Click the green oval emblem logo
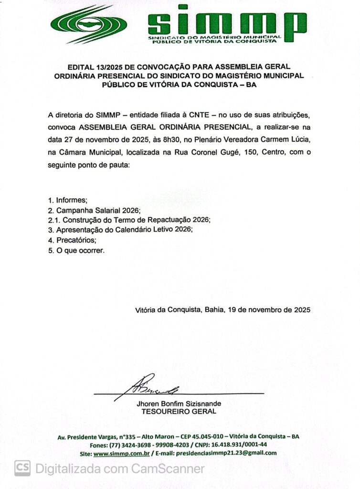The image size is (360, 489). [x=89, y=24]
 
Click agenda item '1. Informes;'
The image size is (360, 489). [x=68, y=201]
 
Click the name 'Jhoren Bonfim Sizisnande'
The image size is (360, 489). [x=179, y=404]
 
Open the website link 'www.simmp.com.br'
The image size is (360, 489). [x=122, y=453]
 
